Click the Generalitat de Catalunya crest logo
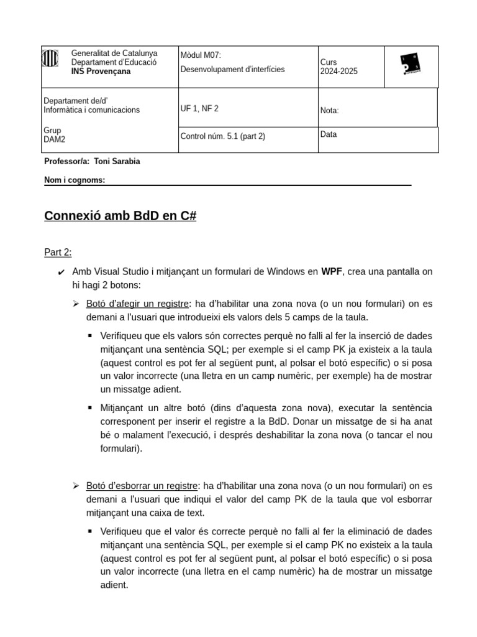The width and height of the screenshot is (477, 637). (50, 59)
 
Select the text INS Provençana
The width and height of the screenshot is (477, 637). (101, 72)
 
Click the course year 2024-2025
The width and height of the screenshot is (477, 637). (339, 71)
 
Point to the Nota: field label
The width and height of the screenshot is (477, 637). (330, 111)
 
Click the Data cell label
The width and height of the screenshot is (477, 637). (329, 134)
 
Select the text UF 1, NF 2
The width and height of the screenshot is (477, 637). (199, 108)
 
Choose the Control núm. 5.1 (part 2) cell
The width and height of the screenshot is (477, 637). (222, 136)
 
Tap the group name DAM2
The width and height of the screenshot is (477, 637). (54, 140)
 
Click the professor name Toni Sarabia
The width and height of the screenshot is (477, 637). (117, 162)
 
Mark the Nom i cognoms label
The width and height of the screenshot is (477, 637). (75, 180)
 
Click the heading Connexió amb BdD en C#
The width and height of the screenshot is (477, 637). (120, 216)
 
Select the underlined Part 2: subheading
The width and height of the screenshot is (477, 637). (58, 252)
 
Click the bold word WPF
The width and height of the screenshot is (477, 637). (330, 272)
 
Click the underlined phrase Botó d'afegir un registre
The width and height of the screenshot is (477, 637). (137, 304)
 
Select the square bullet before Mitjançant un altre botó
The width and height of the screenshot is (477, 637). (90, 408)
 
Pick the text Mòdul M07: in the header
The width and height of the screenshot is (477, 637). (200, 55)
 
